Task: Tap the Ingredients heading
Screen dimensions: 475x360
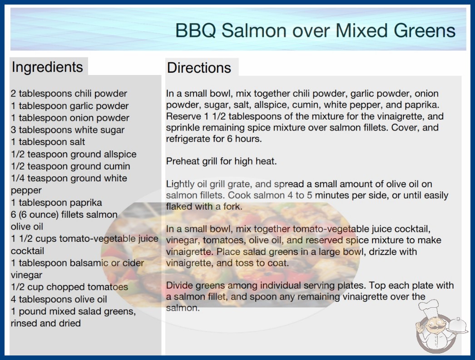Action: click(47, 67)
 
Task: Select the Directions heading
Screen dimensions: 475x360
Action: click(199, 68)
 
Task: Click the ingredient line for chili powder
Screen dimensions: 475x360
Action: click(69, 94)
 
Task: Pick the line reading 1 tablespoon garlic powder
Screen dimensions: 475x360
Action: click(69, 106)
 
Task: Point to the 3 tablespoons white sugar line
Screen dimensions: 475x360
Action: click(68, 130)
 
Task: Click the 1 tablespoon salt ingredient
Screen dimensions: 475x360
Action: click(48, 142)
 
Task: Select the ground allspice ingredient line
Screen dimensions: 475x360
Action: click(74, 154)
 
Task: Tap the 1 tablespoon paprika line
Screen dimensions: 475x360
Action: click(56, 203)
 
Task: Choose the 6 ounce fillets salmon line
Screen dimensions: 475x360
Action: click(64, 215)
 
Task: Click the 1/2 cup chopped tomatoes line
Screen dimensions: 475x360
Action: click(69, 287)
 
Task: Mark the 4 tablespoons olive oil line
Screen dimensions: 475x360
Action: click(59, 299)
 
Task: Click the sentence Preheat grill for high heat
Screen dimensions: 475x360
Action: click(222, 161)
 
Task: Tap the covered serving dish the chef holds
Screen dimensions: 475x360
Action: click(458, 325)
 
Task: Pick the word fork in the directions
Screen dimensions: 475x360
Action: click(233, 206)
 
